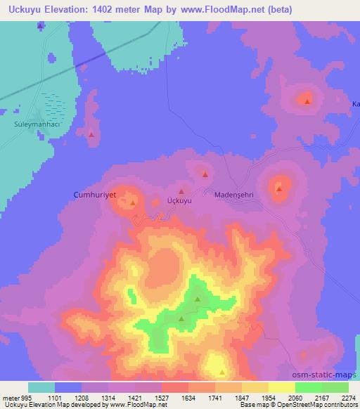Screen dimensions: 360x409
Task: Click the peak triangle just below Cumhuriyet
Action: (x=133, y=203)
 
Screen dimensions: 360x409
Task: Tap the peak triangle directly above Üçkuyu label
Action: (x=181, y=190)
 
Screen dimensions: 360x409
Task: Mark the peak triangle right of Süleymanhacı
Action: (x=91, y=134)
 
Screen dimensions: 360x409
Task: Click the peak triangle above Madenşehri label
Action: (x=205, y=174)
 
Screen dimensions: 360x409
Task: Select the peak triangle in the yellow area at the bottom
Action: (x=222, y=372)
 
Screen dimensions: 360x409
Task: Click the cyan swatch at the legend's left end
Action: (x=41, y=387)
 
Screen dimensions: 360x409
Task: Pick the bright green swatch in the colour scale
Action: (x=309, y=387)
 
